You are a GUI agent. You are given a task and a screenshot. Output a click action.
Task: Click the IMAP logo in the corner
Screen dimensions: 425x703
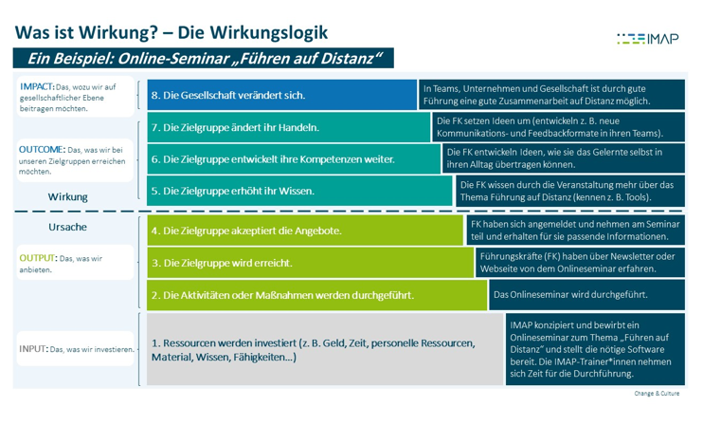647,39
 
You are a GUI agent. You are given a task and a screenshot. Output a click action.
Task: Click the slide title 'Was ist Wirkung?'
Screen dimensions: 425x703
171,31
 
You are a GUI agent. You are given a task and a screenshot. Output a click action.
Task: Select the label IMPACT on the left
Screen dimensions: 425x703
37,86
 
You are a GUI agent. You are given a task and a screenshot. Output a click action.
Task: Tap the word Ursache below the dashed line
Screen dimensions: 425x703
67,228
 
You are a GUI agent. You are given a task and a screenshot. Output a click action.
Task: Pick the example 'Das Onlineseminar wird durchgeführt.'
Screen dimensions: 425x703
571,294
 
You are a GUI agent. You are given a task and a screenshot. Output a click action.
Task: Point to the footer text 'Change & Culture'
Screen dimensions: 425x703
659,393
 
